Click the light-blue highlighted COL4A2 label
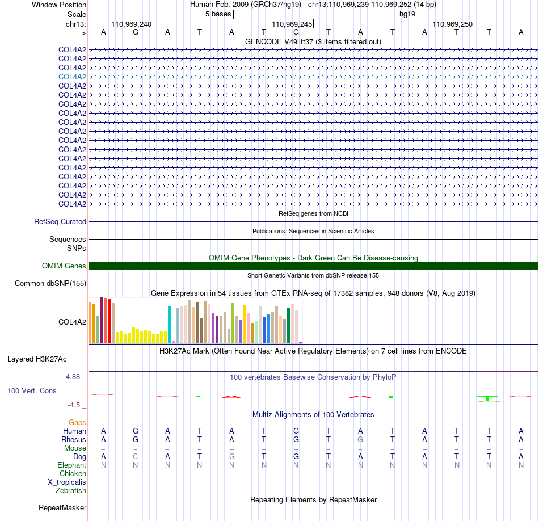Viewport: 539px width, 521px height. click(72, 77)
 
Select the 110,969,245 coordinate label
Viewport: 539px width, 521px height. click(292, 24)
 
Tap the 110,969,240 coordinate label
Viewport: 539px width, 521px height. click(131, 24)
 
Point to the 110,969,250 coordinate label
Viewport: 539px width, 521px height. click(452, 24)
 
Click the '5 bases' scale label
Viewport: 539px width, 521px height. click(218, 14)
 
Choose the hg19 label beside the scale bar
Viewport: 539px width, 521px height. click(407, 14)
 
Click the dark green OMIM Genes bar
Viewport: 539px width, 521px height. click(314, 266)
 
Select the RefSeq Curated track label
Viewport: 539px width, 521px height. click(60, 221)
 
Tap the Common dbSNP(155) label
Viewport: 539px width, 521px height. click(50, 283)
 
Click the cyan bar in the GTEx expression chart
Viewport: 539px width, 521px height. click(169, 324)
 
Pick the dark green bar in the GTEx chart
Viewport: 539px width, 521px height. click(289, 326)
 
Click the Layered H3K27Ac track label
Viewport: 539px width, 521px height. click(37, 359)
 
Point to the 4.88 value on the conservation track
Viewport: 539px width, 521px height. click(73, 377)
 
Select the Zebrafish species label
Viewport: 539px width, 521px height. click(71, 490)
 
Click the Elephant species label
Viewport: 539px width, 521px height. click(72, 465)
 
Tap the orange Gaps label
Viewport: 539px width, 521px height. click(77, 422)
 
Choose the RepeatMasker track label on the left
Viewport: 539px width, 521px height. click(62, 507)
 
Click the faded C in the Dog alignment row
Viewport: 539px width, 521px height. click(136, 456)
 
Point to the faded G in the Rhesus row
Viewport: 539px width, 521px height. click(360, 439)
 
